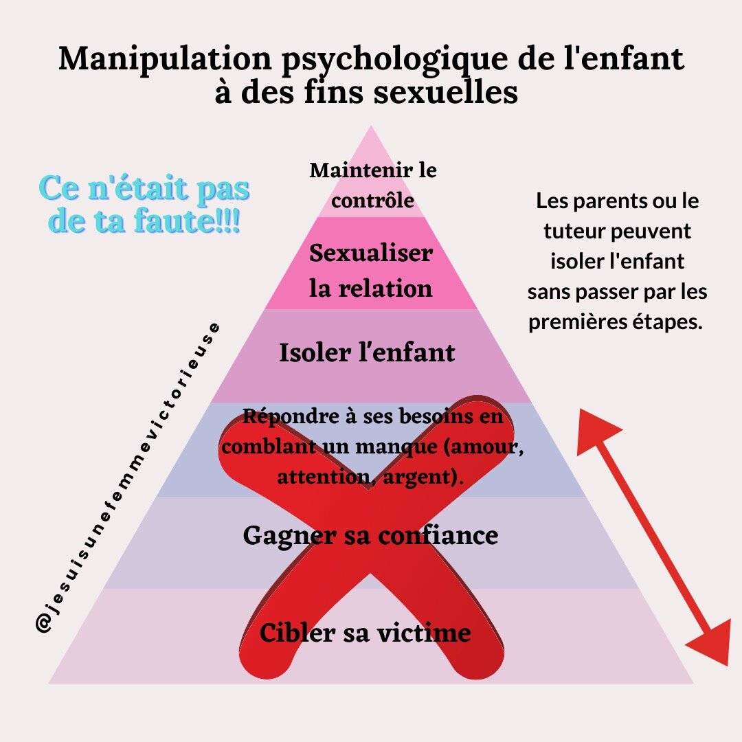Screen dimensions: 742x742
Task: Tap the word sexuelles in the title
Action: [x=446, y=91]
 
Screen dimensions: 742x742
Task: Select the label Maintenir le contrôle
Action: [x=372, y=184]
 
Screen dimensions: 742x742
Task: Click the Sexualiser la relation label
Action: [x=371, y=270]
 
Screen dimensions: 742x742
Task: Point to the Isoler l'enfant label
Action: [x=367, y=353]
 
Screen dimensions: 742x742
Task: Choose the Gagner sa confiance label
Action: [x=370, y=535]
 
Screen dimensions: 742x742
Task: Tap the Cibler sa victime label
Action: [x=365, y=632]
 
